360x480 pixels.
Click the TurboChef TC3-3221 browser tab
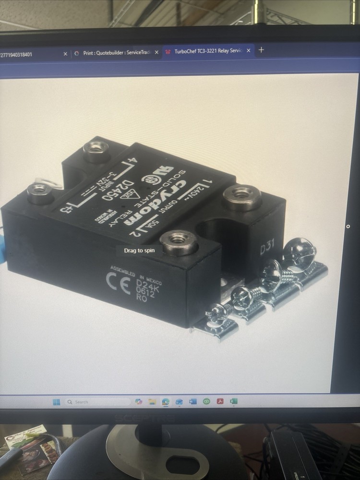click(x=206, y=52)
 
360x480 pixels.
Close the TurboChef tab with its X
click(x=249, y=51)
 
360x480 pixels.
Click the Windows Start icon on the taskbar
click(x=57, y=402)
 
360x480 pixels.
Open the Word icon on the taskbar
click(x=193, y=401)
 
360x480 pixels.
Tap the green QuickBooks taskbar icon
click(x=206, y=401)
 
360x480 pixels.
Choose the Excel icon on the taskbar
click(x=234, y=401)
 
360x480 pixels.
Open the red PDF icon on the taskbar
click(x=220, y=401)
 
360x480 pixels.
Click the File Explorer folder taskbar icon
click(x=152, y=401)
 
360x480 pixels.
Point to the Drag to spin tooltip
click(x=139, y=251)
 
